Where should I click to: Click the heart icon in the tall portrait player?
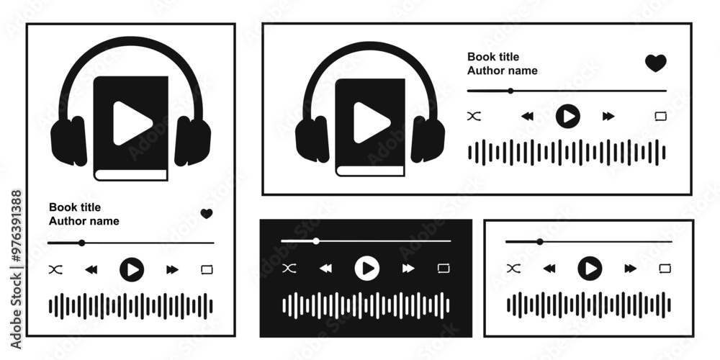pyautogui.click(x=207, y=214)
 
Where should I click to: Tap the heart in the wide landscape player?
pyautogui.click(x=656, y=63)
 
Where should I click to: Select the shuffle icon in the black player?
pyautogui.click(x=289, y=268)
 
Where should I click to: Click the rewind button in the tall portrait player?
pyautogui.click(x=91, y=269)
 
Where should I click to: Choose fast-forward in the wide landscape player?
pyautogui.click(x=608, y=116)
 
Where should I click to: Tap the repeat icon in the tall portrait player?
pyautogui.click(x=207, y=269)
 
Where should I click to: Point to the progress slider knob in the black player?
pyautogui.click(x=316, y=240)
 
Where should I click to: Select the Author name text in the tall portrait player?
pyautogui.click(x=84, y=221)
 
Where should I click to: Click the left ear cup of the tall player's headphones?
pyautogui.click(x=69, y=141)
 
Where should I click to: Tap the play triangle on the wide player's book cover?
pyautogui.click(x=372, y=122)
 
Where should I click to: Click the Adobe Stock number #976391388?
pyautogui.click(x=16, y=227)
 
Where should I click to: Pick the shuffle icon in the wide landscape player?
pyautogui.click(x=474, y=116)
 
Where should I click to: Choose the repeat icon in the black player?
pyautogui.click(x=443, y=268)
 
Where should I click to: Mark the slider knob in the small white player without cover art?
pyautogui.click(x=540, y=241)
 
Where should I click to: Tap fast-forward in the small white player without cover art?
pyautogui.click(x=631, y=268)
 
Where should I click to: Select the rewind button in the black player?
pyautogui.click(x=325, y=268)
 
